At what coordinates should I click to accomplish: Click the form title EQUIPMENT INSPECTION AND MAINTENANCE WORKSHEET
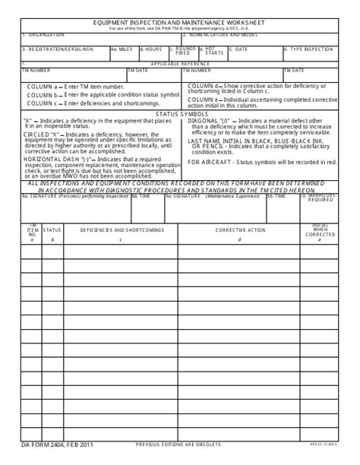[179, 24]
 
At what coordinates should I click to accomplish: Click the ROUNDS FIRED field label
[183, 51]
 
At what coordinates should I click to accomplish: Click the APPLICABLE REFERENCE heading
[179, 64]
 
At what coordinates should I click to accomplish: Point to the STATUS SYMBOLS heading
[179, 113]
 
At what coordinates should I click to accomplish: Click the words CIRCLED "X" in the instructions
[43, 134]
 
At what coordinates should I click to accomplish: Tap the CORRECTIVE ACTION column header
[240, 229]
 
